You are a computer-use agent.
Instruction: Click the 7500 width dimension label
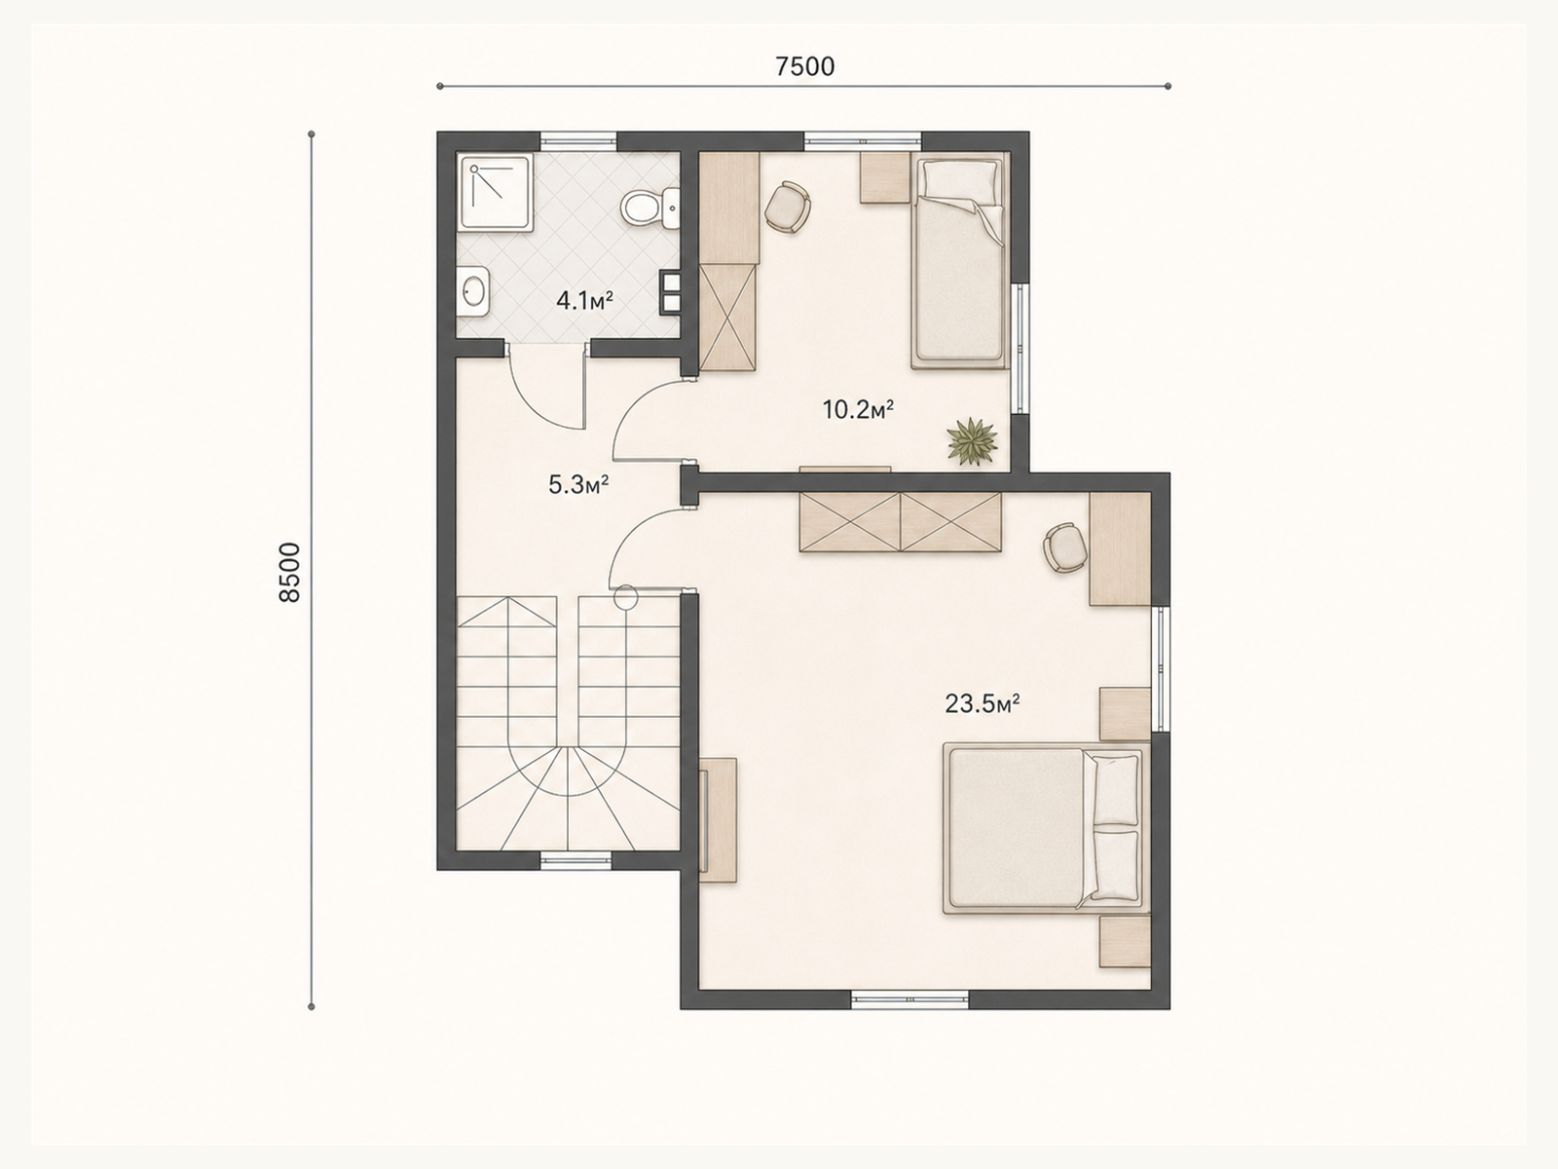coord(804,66)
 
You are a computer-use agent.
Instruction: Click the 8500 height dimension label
coord(289,572)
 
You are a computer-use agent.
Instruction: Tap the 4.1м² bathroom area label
coord(584,301)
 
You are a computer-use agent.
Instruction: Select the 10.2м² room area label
coord(858,409)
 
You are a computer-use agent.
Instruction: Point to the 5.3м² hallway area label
coord(578,485)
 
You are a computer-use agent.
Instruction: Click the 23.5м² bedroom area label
coord(983,703)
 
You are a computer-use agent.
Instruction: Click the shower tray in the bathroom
coord(495,193)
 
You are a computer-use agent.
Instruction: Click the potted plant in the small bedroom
coord(973,441)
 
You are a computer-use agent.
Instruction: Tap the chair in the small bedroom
coord(788,207)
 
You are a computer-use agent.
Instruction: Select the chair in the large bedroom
coord(1065,547)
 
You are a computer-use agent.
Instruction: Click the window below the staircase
coord(575,861)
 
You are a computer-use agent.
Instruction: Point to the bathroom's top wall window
coord(577,140)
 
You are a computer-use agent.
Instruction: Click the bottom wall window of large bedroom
coord(909,1000)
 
